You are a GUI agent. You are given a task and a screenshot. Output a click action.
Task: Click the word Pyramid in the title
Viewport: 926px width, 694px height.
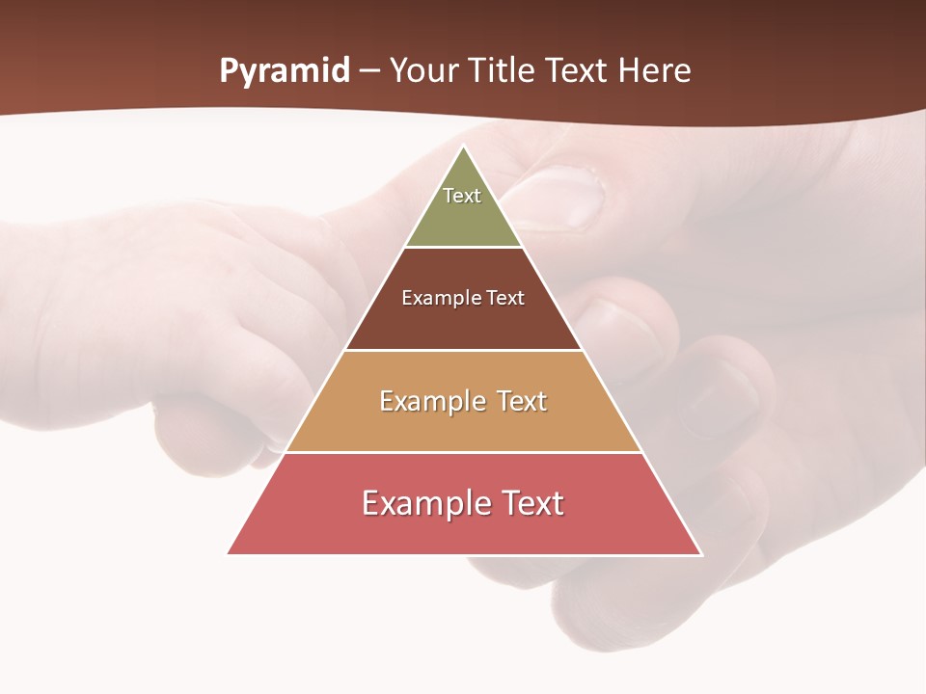click(x=284, y=71)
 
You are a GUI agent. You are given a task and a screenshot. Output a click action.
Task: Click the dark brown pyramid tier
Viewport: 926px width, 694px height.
click(x=464, y=323)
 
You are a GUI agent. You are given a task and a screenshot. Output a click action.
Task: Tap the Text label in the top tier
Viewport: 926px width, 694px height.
click(x=462, y=196)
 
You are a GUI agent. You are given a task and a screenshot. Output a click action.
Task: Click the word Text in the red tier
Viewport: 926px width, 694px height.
click(x=529, y=503)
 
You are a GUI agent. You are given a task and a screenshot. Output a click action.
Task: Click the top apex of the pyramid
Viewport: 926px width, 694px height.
click(x=464, y=147)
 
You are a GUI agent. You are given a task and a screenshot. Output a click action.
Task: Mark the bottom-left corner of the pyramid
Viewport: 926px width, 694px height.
click(x=229, y=553)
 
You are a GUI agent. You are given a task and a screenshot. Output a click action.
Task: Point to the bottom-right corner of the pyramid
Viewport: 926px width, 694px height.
click(x=701, y=553)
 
